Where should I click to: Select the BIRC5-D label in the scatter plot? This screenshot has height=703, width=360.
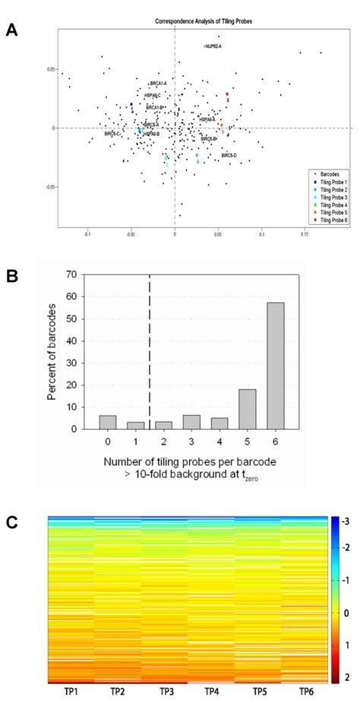coord(229,155)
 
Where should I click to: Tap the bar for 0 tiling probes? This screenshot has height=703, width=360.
coord(108,422)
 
